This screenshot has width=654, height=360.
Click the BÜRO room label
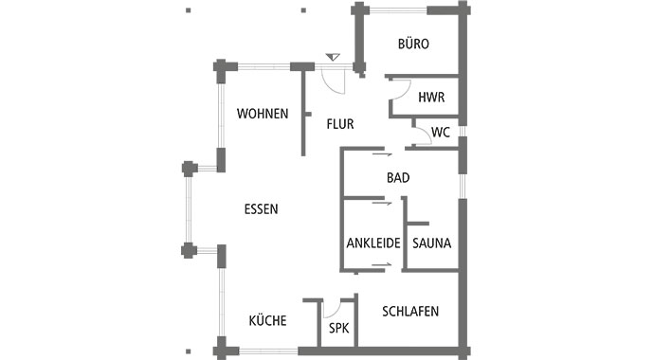click(x=413, y=45)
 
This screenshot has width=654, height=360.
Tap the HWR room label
click(x=431, y=97)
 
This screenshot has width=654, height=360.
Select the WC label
click(x=441, y=132)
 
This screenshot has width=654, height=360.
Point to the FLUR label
click(x=340, y=124)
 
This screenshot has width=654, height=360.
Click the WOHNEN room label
click(x=263, y=114)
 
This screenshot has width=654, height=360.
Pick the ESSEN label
click(x=261, y=209)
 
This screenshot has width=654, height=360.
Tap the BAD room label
click(x=398, y=177)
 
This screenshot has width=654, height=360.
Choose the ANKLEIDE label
click(x=372, y=243)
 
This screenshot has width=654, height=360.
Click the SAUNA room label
click(x=431, y=243)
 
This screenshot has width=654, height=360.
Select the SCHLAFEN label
click(x=410, y=311)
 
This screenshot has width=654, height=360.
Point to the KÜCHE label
click(x=267, y=320)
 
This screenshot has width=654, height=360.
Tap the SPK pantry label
click(x=338, y=329)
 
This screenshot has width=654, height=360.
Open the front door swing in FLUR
click(x=333, y=81)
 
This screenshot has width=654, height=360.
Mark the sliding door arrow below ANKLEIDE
click(x=381, y=269)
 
